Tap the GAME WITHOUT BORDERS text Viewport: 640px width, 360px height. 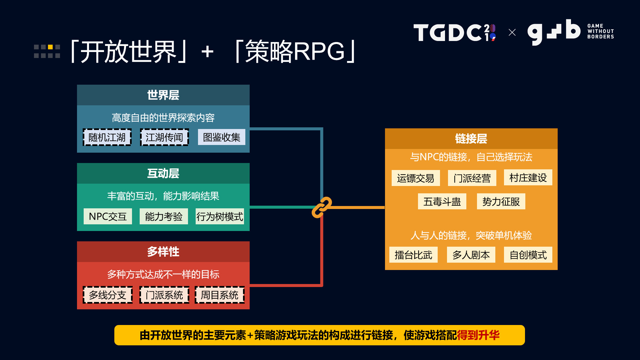[600, 31]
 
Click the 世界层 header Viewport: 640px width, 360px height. [163, 95]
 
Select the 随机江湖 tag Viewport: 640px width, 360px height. [107, 137]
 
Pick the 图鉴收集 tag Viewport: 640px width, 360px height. [221, 137]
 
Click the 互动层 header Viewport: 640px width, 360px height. [163, 173]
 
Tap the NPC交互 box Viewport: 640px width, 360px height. [108, 216]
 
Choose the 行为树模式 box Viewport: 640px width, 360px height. [219, 216]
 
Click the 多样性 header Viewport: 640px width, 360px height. [163, 252]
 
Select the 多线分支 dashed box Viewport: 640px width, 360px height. [107, 295]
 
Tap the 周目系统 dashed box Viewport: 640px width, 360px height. [219, 295]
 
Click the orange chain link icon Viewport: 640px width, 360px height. [322, 207]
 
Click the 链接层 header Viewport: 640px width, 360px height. [471, 139]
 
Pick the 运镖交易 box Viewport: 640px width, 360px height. [415, 178]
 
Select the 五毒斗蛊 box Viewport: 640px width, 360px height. [442, 201]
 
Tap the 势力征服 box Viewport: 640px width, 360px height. [501, 201]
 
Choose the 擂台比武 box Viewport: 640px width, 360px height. [413, 255]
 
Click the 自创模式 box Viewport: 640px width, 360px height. [528, 255]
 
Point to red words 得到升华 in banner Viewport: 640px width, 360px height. [478, 335]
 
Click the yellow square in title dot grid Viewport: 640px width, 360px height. [50, 47]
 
